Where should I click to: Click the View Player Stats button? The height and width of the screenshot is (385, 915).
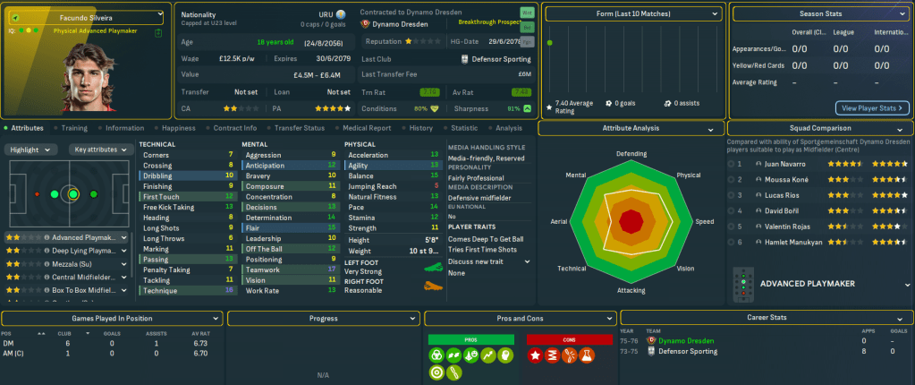872,108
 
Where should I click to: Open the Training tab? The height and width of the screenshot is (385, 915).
74,128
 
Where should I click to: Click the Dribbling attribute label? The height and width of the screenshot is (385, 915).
157,175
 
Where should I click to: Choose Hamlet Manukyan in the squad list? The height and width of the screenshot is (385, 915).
791,243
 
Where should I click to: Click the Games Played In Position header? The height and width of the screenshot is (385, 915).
112,318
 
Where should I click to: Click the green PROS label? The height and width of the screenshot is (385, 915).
471,339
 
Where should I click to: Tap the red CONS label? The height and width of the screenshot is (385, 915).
568,339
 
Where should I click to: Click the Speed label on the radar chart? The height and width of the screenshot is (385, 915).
705,221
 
